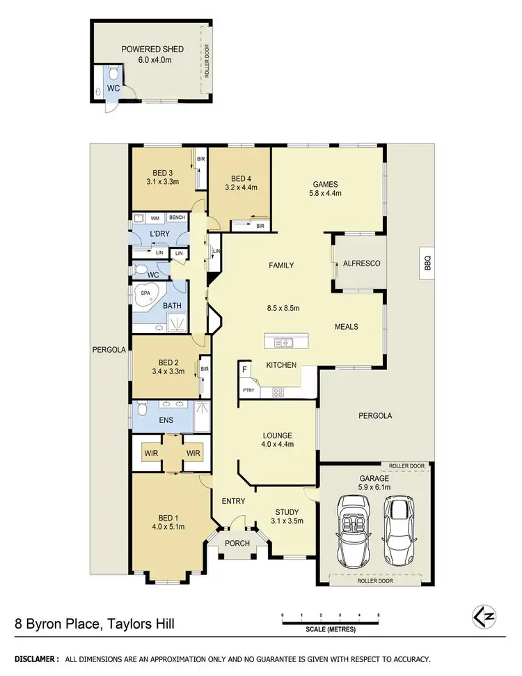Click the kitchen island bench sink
(285, 341)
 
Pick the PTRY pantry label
(248, 390)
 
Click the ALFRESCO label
(359, 263)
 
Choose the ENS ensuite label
(166, 420)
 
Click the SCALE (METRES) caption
(330, 629)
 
